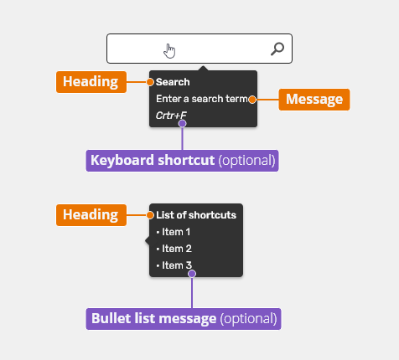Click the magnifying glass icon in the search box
point(277,49)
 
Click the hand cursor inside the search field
point(169,51)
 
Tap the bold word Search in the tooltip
point(173,82)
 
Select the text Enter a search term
point(202,99)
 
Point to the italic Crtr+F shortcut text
point(171,116)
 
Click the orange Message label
point(314,100)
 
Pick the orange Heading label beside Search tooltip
point(91,82)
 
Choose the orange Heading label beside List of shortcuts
point(91,215)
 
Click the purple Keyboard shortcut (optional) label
point(182,161)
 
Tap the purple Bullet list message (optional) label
point(184,319)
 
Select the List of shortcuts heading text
point(196,215)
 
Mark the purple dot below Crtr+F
point(182,123)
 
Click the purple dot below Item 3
point(192,274)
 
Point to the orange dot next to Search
point(150,82)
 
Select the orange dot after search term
point(252,100)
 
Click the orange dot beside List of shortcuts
point(150,215)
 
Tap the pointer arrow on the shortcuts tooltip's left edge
point(148,240)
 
